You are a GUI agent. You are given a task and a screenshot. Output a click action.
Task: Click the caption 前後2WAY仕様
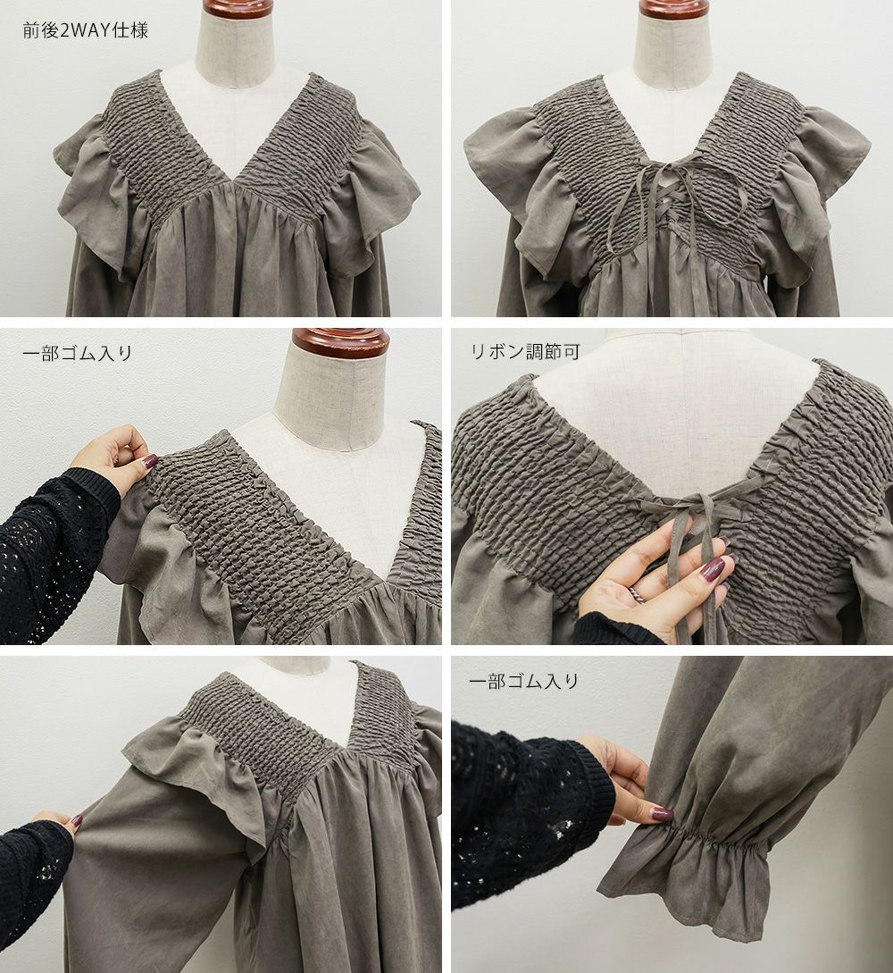pyautogui.click(x=86, y=30)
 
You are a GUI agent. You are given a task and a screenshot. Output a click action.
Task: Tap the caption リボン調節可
pyautogui.click(x=525, y=352)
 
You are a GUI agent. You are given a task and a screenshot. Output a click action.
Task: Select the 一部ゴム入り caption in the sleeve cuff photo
pyautogui.click(x=524, y=681)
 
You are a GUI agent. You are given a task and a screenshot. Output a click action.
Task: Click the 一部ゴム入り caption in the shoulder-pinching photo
pyautogui.click(x=78, y=353)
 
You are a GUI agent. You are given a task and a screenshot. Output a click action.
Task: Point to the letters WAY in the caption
pyautogui.click(x=89, y=30)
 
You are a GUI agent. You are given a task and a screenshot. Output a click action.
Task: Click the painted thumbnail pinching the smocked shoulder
pyautogui.click(x=149, y=462)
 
